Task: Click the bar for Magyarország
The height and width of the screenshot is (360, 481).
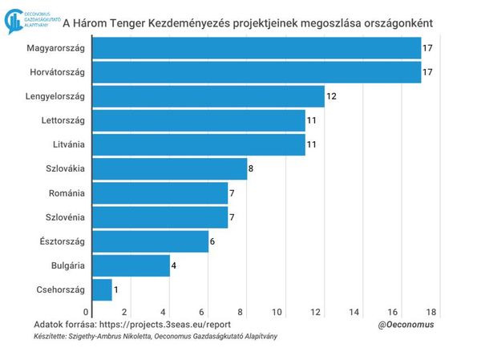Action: point(257,48)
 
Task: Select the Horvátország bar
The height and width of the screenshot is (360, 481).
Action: point(257,72)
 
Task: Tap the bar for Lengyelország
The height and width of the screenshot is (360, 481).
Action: point(208,96)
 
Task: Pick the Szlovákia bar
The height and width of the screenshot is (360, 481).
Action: point(170,169)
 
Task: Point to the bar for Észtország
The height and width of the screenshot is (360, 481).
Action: point(151,241)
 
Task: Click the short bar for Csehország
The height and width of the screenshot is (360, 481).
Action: point(103,289)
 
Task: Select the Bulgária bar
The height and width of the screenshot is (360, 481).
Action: point(131,265)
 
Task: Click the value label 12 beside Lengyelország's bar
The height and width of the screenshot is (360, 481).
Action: point(331,97)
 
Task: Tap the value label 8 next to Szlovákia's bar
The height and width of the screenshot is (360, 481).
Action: point(251,169)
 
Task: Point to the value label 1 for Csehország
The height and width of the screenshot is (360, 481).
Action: point(116,289)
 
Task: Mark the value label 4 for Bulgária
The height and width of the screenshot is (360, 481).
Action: point(174,265)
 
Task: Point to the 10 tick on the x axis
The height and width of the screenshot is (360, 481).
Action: point(277,311)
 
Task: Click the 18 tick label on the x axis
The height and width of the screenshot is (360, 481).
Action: point(431,311)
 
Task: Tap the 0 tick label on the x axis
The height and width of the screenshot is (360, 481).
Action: point(87,311)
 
